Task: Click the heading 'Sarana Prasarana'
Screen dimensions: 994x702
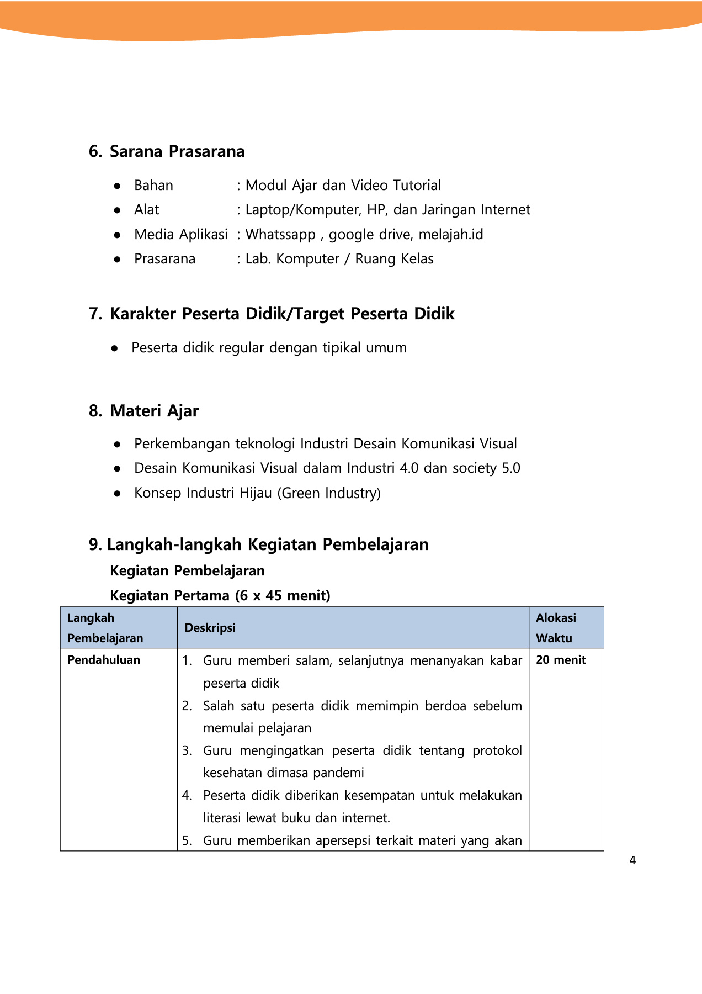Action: tap(177, 151)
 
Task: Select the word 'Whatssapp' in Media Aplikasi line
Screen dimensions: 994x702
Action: tap(280, 235)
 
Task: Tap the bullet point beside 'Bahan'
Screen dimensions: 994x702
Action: tap(117, 186)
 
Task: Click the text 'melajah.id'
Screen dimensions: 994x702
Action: tap(450, 235)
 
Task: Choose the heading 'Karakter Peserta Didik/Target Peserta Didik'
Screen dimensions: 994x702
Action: tap(281, 314)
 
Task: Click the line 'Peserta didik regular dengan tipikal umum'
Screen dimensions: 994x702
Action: tap(269, 348)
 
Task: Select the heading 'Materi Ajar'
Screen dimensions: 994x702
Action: tap(154, 411)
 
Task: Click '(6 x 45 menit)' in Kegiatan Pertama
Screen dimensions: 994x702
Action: tap(283, 596)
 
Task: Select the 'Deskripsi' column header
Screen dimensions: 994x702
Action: tap(210, 628)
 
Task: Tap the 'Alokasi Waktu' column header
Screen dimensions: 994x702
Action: tap(555, 628)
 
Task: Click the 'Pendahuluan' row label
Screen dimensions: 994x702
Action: tap(104, 660)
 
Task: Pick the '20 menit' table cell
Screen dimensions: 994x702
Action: tap(561, 660)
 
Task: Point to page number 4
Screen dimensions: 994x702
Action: tap(632, 860)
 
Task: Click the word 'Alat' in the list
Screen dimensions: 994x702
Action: tap(146, 210)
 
